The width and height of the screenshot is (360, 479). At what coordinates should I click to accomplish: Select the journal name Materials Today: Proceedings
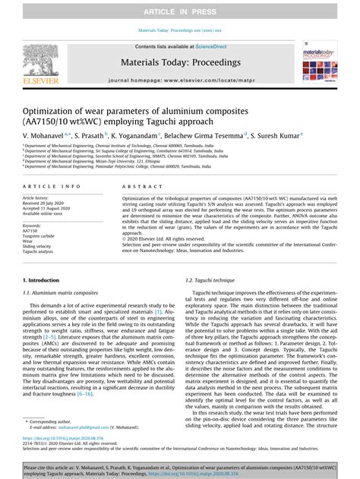coord(179,61)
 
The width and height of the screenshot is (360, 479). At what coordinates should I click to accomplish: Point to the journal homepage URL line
coord(179,80)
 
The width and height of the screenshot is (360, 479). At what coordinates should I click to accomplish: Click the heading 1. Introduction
coord(42,280)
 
